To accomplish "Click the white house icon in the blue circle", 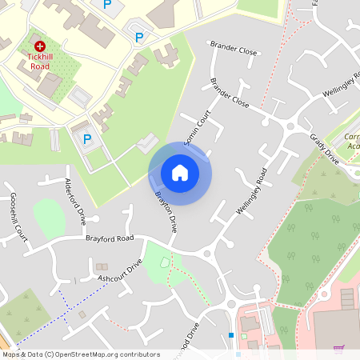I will click(x=180, y=173).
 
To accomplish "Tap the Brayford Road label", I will click(x=110, y=238).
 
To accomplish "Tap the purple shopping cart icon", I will click(x=338, y=348).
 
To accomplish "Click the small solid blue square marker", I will click(x=231, y=334).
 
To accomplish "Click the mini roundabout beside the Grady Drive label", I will click(x=290, y=126).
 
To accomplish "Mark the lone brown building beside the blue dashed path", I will click(x=82, y=314).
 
